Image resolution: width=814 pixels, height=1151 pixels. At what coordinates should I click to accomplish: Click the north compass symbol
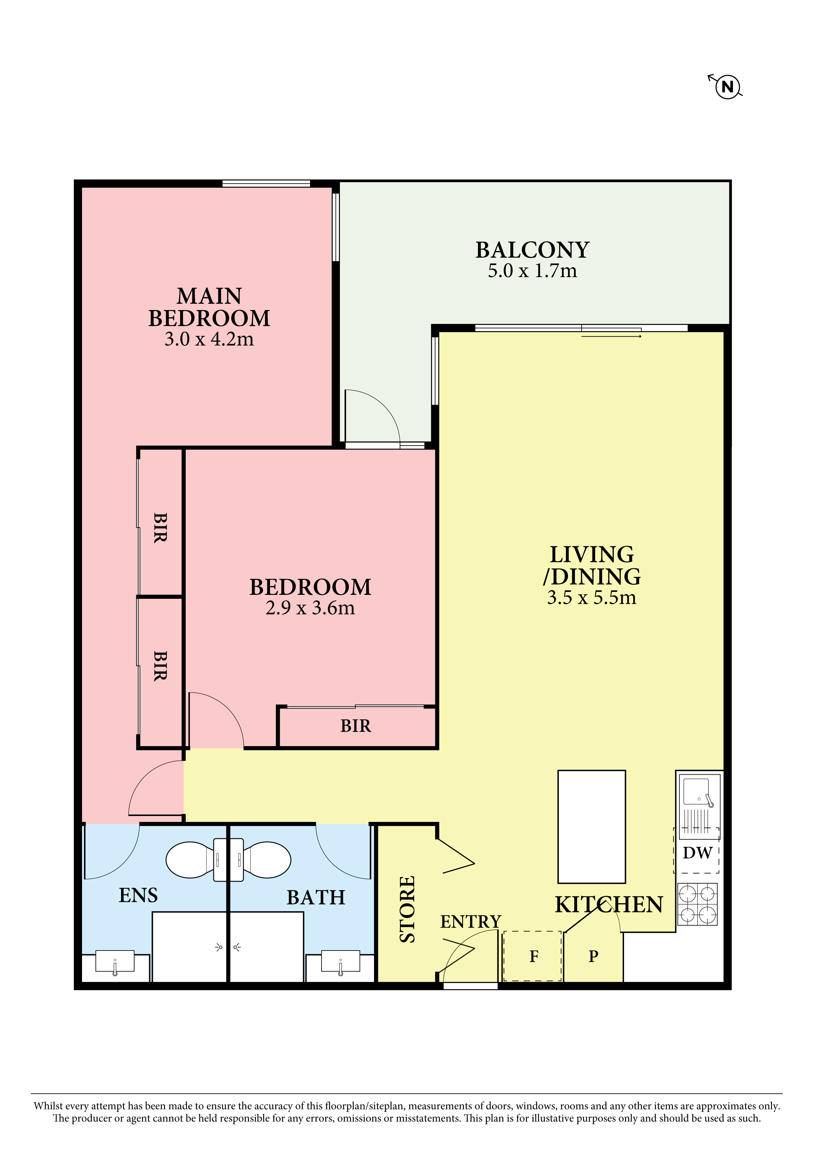727,86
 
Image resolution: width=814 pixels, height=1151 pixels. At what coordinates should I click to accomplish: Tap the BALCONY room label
532,250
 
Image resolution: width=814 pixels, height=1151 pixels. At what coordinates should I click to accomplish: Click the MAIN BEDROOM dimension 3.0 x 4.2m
209,339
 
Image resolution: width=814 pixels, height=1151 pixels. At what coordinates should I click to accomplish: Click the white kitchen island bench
592,827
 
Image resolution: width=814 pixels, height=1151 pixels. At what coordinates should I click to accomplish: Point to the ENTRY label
471,921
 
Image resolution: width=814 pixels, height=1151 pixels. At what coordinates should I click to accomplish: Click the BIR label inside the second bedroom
356,725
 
